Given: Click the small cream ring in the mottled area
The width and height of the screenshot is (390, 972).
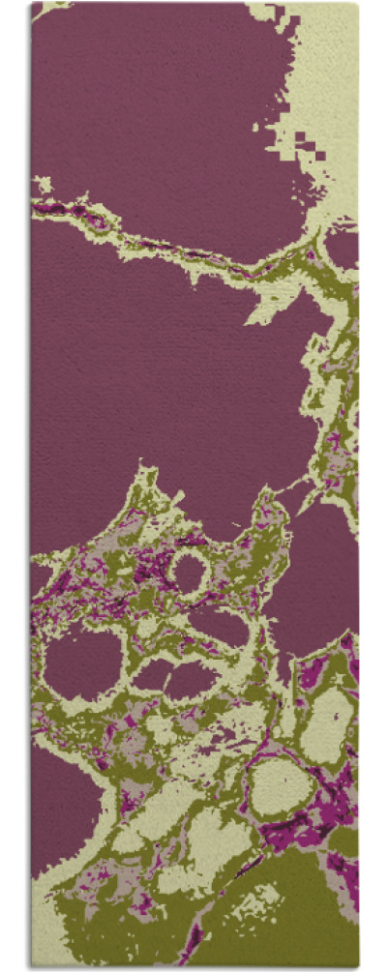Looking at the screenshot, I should (x=190, y=574).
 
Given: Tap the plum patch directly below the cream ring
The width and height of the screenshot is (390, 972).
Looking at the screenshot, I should (x=218, y=629).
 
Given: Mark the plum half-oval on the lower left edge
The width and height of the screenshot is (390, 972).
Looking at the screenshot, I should (x=60, y=812).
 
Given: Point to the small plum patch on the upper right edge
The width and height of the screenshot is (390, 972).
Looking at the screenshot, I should (x=343, y=248).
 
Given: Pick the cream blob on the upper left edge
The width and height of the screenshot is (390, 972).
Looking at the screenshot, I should (x=43, y=184).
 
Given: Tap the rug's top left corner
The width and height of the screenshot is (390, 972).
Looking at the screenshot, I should (x=32, y=4).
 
